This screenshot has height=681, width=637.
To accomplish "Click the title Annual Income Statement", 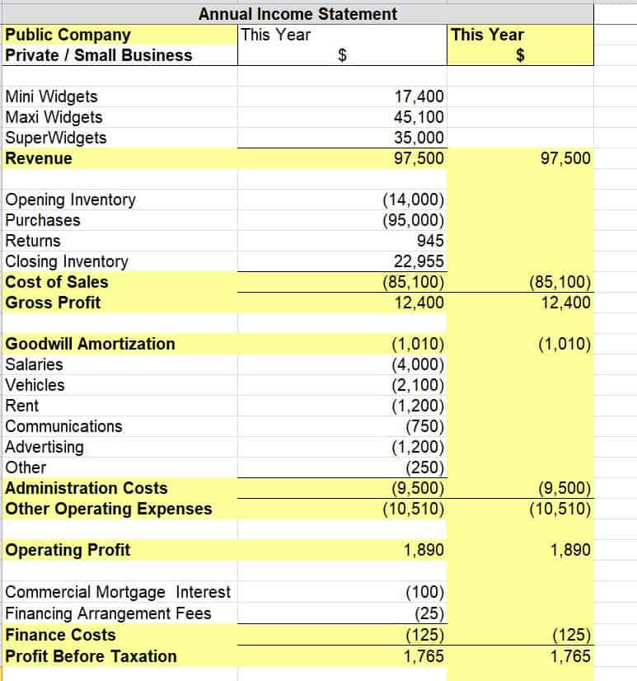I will (297, 14).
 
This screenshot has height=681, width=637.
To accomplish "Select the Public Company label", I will (68, 35).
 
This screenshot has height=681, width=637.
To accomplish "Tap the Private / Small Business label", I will (98, 55).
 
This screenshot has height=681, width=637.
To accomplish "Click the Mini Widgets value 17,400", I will (419, 96).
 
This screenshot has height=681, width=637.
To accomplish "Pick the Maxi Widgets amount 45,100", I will (419, 117).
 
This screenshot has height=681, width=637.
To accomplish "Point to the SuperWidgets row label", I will (55, 138).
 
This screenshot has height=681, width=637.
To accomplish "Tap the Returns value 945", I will (430, 241).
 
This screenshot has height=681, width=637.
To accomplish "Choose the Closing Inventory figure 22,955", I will (419, 261).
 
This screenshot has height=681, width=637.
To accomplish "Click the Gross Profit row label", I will (53, 303).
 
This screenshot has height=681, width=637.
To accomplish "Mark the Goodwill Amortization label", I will (90, 344).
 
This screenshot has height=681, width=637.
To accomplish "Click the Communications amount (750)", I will (425, 426).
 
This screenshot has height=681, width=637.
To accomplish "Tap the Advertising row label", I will (44, 447).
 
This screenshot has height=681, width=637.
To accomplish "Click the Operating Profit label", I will (68, 550).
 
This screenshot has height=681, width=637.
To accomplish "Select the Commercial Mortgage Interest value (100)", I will (425, 592).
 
